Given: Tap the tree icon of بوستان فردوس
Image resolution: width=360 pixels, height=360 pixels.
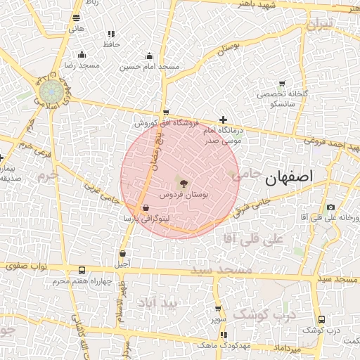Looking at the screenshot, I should [x=184, y=182].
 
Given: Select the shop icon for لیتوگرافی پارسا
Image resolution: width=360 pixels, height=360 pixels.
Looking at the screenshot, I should [x=146, y=209].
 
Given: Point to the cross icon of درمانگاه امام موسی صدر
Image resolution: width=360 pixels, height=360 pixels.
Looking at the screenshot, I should [x=224, y=120].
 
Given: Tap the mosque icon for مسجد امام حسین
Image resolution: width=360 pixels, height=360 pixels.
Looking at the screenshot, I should [x=149, y=56].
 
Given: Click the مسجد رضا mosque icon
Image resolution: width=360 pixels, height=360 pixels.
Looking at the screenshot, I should [x=82, y=55].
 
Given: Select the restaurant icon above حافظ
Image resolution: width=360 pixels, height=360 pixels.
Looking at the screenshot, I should [x=111, y=34].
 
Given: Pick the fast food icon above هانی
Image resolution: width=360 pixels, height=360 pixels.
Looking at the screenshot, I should [x=76, y=18].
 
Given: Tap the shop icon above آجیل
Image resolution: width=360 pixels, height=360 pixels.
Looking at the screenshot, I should [x=122, y=254].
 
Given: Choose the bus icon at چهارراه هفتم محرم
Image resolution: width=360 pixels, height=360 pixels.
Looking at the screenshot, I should [x=82, y=271].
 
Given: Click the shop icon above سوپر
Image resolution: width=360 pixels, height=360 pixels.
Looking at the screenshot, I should [x=217, y=308].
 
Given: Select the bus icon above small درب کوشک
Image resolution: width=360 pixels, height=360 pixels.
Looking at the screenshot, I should [x=321, y=319].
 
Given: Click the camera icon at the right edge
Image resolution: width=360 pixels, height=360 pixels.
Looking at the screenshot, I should [x=330, y=207].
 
